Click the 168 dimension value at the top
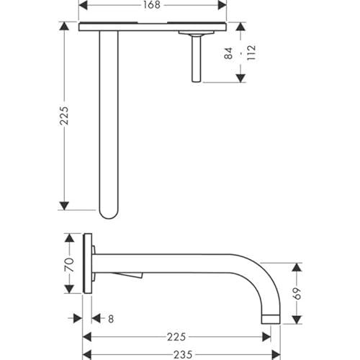click(152, 5)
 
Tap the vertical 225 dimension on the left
click(64, 115)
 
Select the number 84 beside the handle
click(228, 53)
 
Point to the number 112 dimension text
click(251, 53)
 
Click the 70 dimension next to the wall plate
click(69, 265)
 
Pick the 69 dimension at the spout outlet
click(297, 293)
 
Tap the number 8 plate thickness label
click(111, 319)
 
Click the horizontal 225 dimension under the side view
click(176, 337)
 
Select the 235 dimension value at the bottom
click(183, 355)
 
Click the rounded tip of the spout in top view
click(109, 215)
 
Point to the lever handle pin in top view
click(196, 59)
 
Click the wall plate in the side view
click(87, 264)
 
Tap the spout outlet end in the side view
click(271, 319)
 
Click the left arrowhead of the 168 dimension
click(83, 5)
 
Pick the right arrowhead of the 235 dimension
click(276, 355)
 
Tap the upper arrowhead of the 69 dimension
click(297, 267)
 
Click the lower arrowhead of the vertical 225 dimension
click(64, 206)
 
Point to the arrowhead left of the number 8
click(78, 319)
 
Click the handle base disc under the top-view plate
click(196, 33)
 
